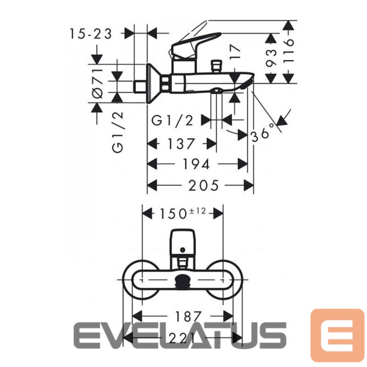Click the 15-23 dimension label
click(90, 34)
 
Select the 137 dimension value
click(181, 144)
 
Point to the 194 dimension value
click(196, 164)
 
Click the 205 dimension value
click(203, 185)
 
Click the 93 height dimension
click(272, 58)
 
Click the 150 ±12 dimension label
click(183, 213)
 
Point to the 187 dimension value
click(188, 317)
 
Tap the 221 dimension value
click(182, 338)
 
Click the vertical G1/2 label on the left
click(118, 132)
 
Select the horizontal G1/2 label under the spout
click(172, 121)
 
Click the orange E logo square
click(337, 335)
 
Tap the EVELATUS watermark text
click(180, 335)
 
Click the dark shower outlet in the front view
click(183, 280)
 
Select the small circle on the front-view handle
click(183, 250)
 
